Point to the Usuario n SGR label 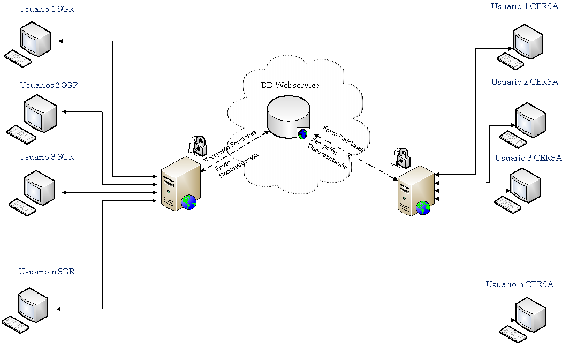[x=46, y=272]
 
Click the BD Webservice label [x=290, y=85]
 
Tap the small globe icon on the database [x=303, y=133]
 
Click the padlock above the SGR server [x=198, y=145]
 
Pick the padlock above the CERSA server [x=401, y=157]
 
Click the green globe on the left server [x=188, y=202]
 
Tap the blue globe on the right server [x=423, y=208]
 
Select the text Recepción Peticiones [x=230, y=145]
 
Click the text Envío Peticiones [x=343, y=138]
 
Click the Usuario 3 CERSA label [x=528, y=158]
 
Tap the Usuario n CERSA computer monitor [x=531, y=316]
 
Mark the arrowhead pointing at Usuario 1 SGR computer [x=60, y=41]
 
